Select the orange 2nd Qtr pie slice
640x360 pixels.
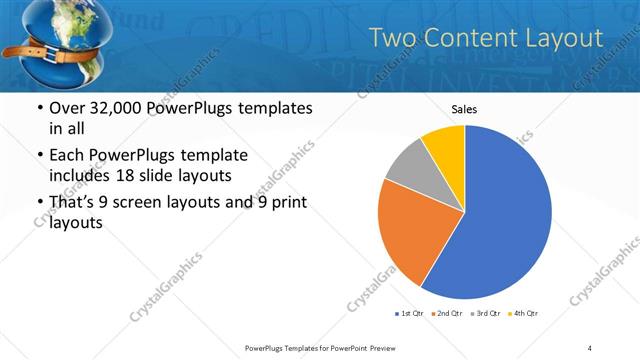(x=408, y=228)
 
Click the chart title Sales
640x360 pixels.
(x=464, y=109)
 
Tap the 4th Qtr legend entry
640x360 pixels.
(x=524, y=313)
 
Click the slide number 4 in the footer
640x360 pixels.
(x=590, y=347)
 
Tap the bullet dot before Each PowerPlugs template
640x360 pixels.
(x=38, y=156)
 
